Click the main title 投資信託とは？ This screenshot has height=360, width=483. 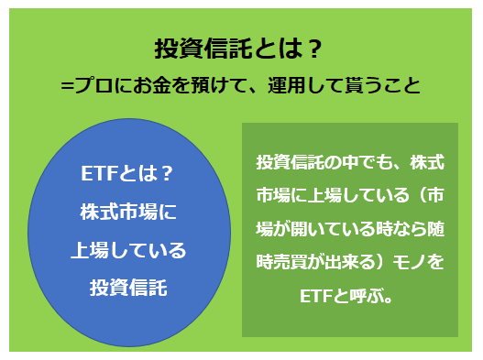240,49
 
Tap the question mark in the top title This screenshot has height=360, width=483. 312,49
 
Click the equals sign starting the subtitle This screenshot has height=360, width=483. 66,85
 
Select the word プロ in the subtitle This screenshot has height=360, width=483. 92,85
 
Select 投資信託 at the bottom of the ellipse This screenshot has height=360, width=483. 128,287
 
